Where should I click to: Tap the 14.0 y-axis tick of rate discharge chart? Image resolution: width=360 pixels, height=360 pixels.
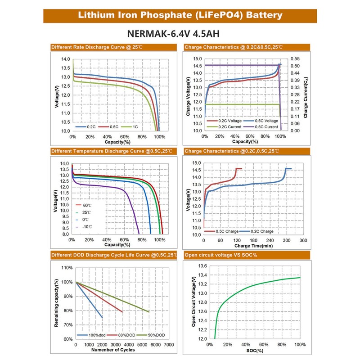pyautogui.click(x=65, y=59)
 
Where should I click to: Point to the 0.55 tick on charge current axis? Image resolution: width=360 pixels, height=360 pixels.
pyautogui.click(x=295, y=59)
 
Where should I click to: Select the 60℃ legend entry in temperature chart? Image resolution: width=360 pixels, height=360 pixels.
pyautogui.click(x=87, y=205)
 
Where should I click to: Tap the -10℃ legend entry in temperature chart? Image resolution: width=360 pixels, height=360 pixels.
pyautogui.click(x=87, y=226)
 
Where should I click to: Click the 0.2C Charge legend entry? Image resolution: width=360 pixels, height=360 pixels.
pyautogui.click(x=261, y=231)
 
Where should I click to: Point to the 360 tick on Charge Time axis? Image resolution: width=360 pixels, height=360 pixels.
pyautogui.click(x=303, y=240)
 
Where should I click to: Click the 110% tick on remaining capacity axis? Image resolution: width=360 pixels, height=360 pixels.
pyautogui.click(x=67, y=268)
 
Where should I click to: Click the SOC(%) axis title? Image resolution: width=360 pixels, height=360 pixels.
pyautogui.click(x=254, y=350)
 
